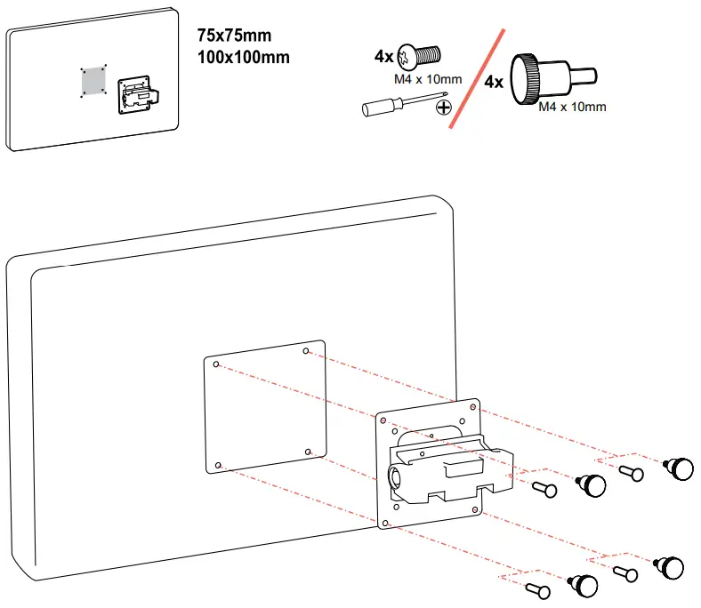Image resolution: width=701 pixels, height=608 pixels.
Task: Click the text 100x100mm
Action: click(x=243, y=58)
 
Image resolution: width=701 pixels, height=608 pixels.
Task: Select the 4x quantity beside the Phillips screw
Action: click(x=384, y=55)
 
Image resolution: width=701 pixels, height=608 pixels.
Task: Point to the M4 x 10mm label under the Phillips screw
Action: click(x=428, y=79)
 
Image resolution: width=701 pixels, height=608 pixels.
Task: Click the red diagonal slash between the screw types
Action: click(x=478, y=77)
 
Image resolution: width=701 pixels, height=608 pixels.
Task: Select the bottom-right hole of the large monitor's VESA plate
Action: click(x=308, y=452)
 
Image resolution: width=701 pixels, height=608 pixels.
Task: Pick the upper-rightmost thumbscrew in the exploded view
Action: click(x=680, y=467)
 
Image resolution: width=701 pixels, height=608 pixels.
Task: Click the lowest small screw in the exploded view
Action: click(x=539, y=588)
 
